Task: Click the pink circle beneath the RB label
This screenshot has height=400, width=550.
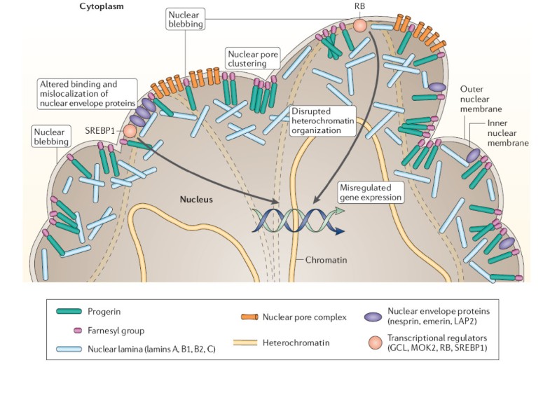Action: coord(360,25)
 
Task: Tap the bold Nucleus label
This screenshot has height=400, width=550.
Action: coord(195,200)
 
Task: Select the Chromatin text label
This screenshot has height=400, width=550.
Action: coord(326,260)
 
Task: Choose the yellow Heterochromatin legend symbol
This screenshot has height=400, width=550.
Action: coord(246,342)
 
